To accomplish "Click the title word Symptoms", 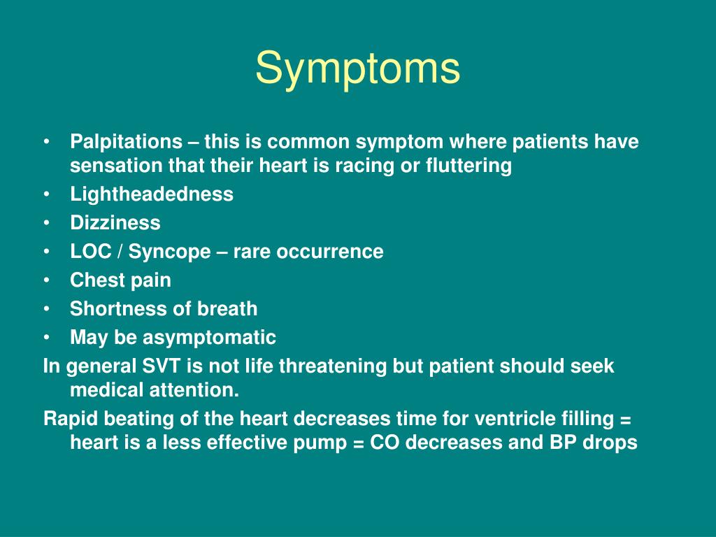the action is [357, 69].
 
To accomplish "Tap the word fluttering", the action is [468, 165].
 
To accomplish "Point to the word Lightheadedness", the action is [152, 194].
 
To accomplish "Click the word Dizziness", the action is [115, 223].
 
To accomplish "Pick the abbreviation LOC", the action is [91, 252].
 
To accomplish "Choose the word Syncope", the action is [169, 252].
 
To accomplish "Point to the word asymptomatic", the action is [209, 338].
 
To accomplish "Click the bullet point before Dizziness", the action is [47, 223].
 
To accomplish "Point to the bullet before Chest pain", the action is [47, 280].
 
